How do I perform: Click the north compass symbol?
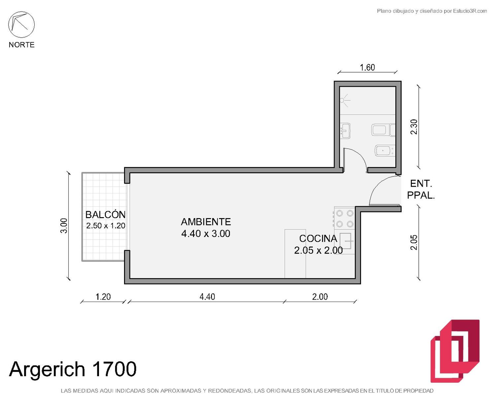[21, 24]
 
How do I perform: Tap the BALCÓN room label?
[105, 215]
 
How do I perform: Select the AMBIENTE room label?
[206, 222]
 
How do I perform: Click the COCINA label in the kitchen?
[318, 239]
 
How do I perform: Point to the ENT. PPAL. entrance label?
[421, 189]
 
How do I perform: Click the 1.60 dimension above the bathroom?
[367, 67]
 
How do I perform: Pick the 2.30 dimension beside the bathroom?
[414, 127]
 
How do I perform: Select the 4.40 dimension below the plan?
[207, 297]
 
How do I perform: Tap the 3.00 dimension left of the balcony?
[64, 226]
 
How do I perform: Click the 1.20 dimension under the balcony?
[103, 297]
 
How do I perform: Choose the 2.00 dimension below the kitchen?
[320, 297]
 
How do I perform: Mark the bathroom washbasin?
[346, 131]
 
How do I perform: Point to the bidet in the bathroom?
[385, 151]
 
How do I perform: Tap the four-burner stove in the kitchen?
[345, 218]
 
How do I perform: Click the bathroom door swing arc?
[359, 156]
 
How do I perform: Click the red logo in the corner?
[455, 351]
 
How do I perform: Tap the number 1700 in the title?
[114, 369]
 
